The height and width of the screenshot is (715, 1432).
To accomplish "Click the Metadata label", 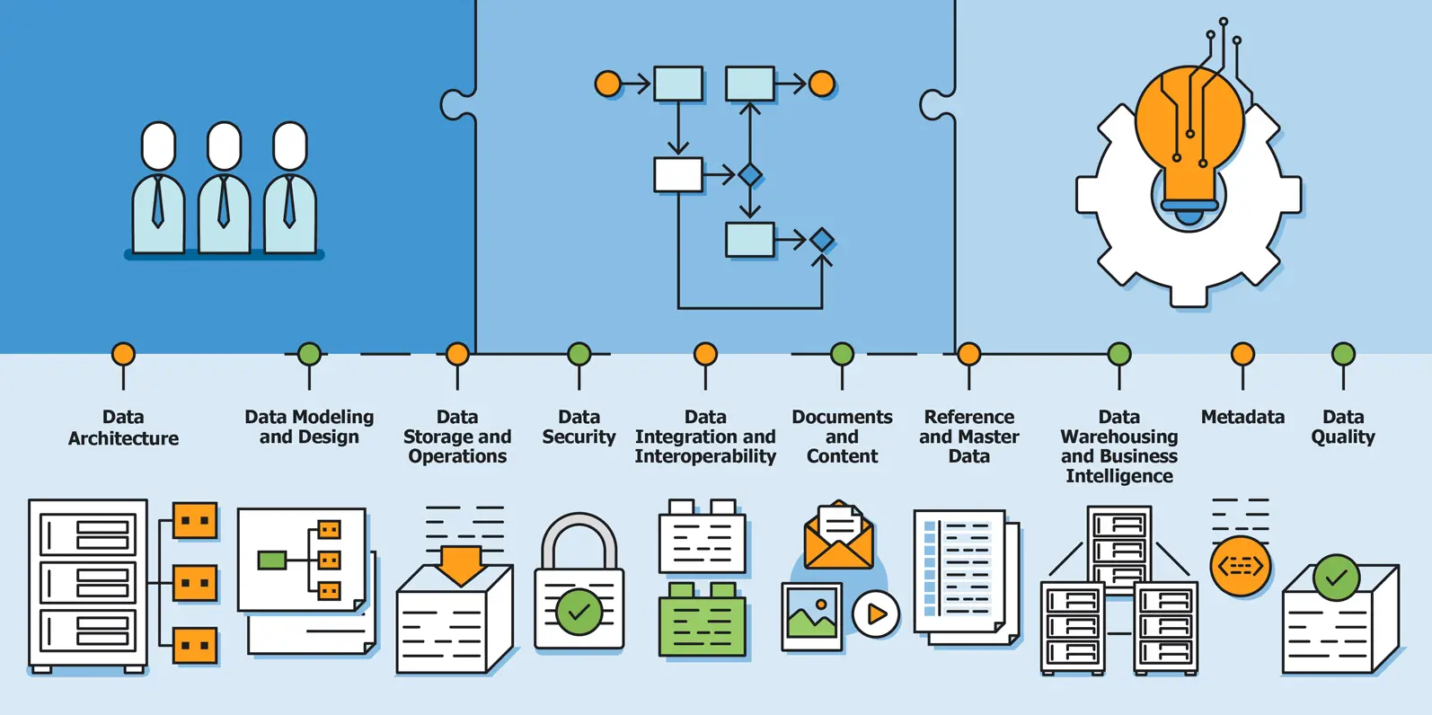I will click(1242, 417).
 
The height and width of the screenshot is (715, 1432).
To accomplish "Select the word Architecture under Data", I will click(123, 438).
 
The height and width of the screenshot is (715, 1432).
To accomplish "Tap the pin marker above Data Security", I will click(579, 354).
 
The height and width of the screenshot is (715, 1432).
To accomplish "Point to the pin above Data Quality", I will click(1343, 354).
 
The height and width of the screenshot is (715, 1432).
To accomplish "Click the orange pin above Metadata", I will click(1242, 354).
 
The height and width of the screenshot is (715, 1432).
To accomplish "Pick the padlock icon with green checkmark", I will click(579, 584).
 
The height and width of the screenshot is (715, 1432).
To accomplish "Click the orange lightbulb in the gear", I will click(1189, 135).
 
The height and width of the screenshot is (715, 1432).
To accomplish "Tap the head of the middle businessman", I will click(224, 146).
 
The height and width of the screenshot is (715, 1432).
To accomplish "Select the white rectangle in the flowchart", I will click(678, 174).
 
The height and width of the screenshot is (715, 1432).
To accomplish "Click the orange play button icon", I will click(876, 614).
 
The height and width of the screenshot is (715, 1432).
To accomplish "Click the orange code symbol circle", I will click(1241, 566).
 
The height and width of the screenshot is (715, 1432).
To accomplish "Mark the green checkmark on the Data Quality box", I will click(1336, 578).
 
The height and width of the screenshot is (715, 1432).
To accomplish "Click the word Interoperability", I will click(705, 456).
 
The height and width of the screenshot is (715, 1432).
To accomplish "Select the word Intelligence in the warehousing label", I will click(1119, 476).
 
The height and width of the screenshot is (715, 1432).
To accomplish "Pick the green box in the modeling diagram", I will click(272, 561).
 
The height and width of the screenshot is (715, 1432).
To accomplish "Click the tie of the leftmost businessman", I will click(158, 203).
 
